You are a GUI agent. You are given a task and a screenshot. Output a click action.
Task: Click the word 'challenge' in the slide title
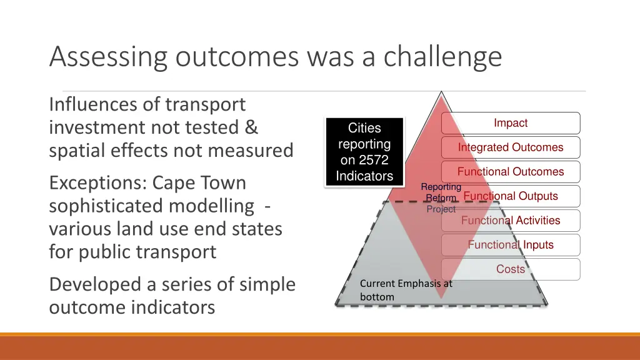pos(442,57)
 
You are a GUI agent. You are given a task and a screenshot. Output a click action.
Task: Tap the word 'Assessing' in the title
pos(108,57)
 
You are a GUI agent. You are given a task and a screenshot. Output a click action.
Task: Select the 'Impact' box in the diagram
pos(511,123)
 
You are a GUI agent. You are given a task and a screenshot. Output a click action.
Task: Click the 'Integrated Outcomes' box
pos(511,147)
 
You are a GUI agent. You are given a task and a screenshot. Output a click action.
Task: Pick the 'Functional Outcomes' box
pos(511,172)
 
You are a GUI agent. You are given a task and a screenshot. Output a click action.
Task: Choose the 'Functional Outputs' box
pos(511,196)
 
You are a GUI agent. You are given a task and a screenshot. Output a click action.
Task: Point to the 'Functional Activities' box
pos(511,221)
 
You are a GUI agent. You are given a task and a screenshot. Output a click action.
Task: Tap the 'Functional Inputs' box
pos(511,245)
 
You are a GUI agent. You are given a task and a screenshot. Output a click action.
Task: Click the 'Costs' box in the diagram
pos(511,269)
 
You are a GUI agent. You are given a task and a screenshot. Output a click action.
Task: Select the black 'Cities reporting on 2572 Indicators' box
pos(364,152)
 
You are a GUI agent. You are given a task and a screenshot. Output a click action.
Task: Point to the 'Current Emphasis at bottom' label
pos(406,290)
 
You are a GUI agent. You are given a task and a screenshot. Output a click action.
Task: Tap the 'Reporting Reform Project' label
pos(441,198)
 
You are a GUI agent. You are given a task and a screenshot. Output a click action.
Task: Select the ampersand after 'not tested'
pos(251,127)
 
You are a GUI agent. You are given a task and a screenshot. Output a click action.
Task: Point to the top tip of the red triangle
pos(442,93)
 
